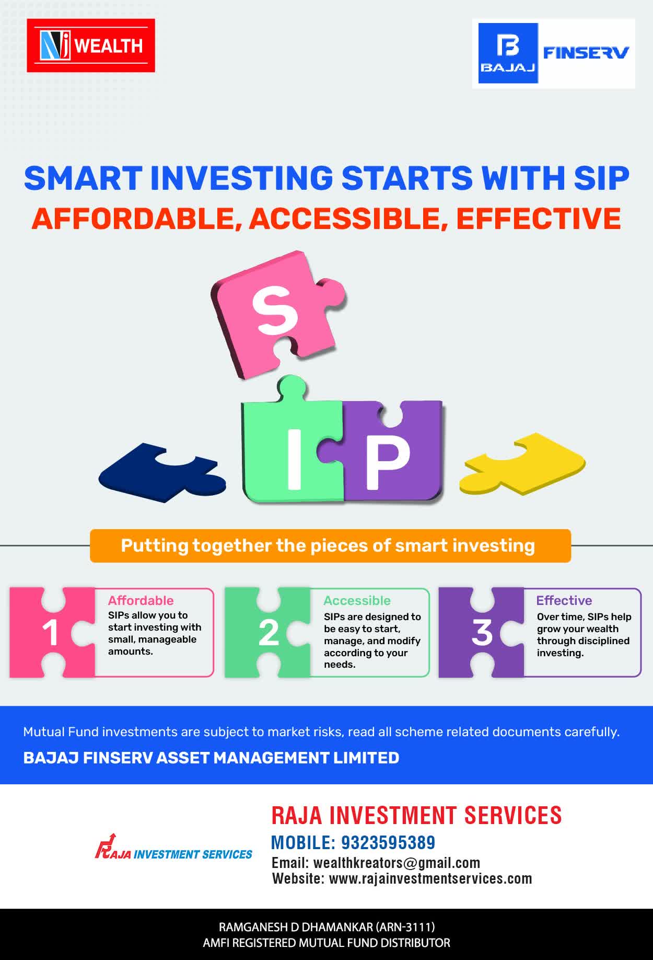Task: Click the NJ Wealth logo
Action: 91,45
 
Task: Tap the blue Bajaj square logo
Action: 508,53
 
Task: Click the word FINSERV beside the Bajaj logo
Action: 586,53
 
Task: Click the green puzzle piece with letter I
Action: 293,444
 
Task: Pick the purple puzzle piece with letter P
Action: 389,452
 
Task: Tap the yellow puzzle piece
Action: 522,463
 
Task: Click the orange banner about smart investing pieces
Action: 330,546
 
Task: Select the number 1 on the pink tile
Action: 50,633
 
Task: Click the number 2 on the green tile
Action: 269,633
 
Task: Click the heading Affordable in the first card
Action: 141,600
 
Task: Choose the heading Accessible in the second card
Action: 357,600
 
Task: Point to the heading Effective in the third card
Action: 564,600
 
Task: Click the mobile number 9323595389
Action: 388,843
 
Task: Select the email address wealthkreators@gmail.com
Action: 397,863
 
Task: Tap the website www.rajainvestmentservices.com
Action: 430,878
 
